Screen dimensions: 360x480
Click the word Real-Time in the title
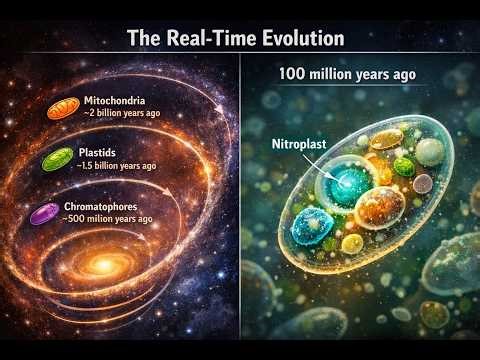pos(205,39)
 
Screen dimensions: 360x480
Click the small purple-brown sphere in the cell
pos(424,183)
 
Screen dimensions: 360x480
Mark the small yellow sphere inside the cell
pos(352,243)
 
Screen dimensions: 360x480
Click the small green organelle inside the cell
pos(403,166)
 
